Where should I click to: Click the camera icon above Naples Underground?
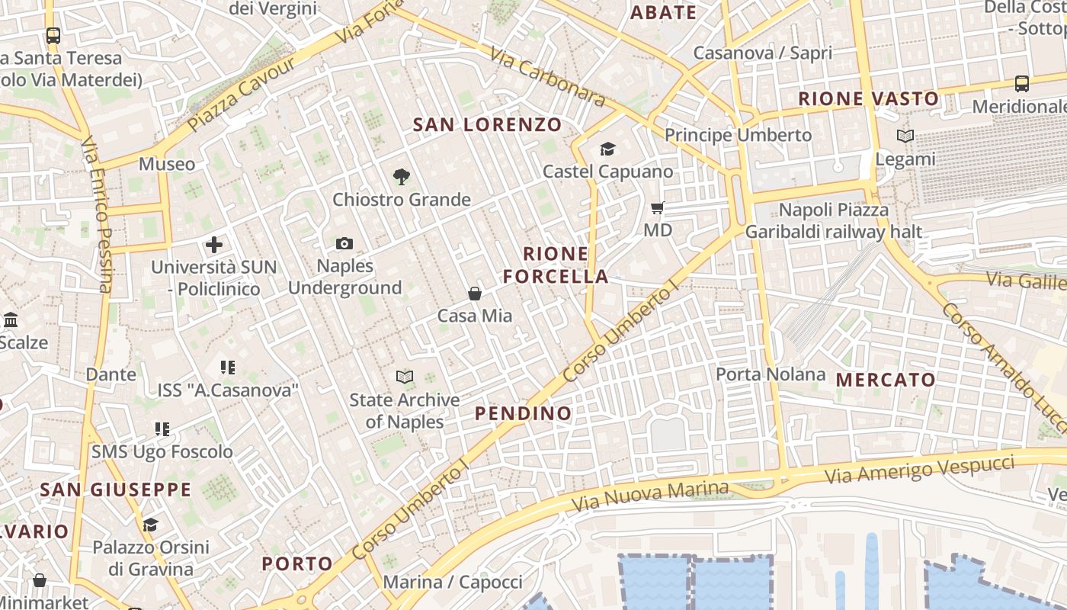(344, 244)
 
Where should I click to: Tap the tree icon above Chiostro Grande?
(401, 178)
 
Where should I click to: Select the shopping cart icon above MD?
(658, 207)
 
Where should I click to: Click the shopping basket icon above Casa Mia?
(475, 294)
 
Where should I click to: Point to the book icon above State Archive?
(404, 377)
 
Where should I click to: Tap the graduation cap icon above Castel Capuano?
(607, 149)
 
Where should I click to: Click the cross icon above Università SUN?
(214, 245)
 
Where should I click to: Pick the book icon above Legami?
(905, 136)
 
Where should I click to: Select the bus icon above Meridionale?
(1022, 83)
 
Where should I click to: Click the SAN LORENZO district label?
(487, 124)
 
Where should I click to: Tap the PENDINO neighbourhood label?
(523, 413)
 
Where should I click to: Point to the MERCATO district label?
(886, 380)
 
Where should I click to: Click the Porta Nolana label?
(771, 374)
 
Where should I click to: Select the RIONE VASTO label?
(868, 98)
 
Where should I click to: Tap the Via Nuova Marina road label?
(649, 496)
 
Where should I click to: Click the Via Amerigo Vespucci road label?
(920, 469)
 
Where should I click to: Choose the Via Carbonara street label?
(547, 78)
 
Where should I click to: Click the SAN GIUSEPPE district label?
(116, 490)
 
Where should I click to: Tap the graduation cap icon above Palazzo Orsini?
(150, 525)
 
